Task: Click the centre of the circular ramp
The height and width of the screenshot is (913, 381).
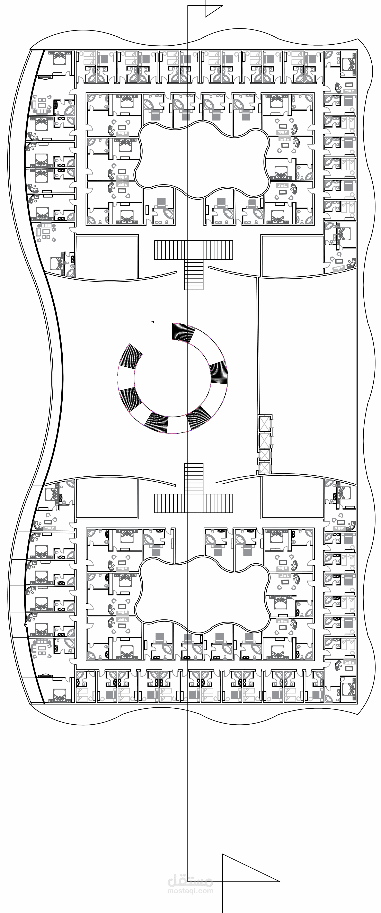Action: [173, 378]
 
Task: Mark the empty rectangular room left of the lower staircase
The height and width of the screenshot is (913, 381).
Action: [107, 498]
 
